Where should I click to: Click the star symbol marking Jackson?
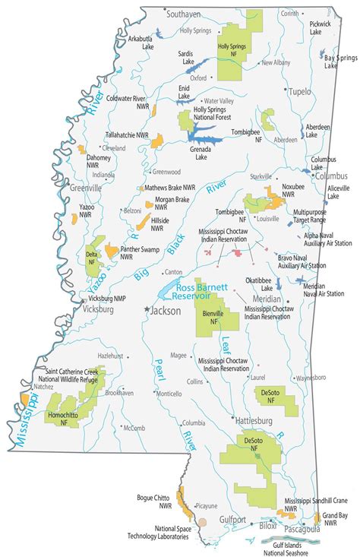coord(147,309)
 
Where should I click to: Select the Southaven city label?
coord(185,14)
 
